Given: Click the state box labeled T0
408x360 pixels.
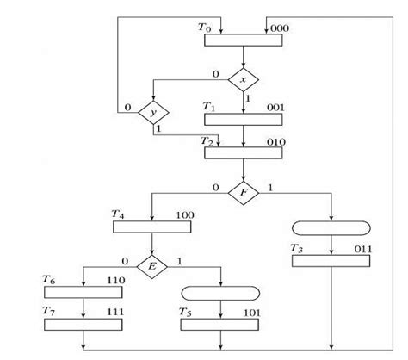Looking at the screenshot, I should (244, 40).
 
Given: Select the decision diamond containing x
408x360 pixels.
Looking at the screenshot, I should (244, 80).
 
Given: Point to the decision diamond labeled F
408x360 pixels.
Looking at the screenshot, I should (244, 191).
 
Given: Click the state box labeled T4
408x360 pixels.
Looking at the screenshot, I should (152, 227).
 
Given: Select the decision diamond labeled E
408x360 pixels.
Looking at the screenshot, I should (152, 265).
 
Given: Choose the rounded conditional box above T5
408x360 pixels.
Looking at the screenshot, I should (221, 294).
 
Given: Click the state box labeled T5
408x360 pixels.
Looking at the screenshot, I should (221, 326).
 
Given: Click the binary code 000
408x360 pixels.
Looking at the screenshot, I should (280, 28).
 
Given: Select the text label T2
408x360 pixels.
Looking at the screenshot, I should (207, 140).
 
